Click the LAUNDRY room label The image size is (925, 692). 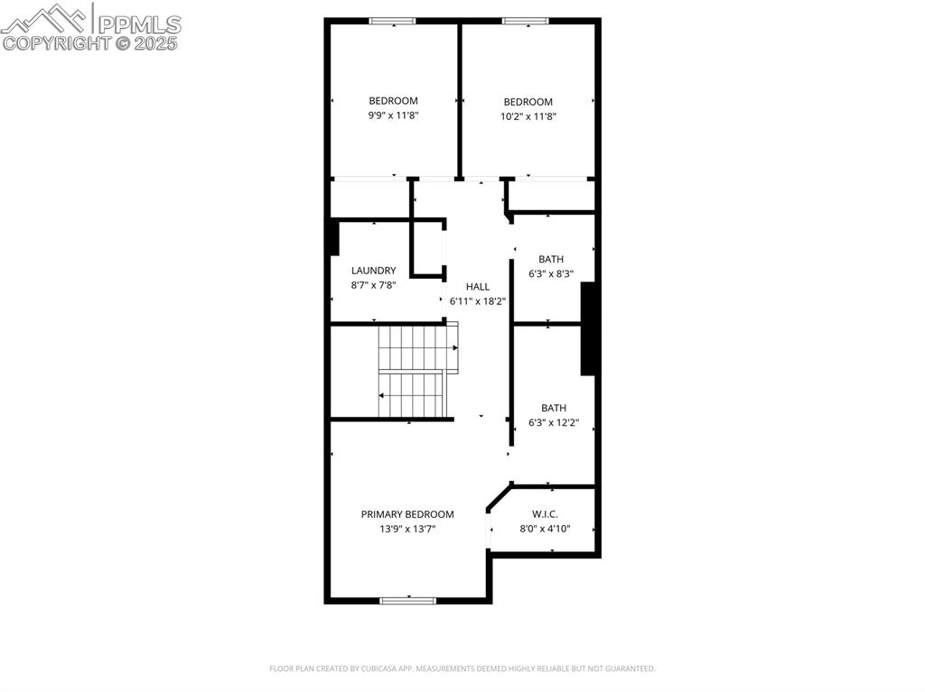point(373,271)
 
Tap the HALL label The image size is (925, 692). point(478,287)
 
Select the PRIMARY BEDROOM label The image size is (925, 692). point(407,514)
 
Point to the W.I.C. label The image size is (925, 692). point(545,514)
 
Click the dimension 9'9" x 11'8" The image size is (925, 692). point(393,115)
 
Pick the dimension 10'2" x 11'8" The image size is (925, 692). point(528,116)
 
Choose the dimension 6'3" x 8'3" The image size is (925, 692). point(551,274)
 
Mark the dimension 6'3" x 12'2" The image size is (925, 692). point(554,422)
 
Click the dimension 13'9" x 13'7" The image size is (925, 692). point(407,530)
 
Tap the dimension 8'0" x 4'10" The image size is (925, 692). point(545,529)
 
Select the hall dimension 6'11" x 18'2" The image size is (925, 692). point(477,301)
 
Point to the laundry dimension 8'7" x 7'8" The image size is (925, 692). point(373,285)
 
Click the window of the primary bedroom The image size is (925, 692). point(407,600)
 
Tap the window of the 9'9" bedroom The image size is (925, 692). point(393,21)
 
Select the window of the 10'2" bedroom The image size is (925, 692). point(525,21)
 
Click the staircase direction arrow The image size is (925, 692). point(383,396)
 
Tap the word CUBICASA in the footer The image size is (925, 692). point(370,669)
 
